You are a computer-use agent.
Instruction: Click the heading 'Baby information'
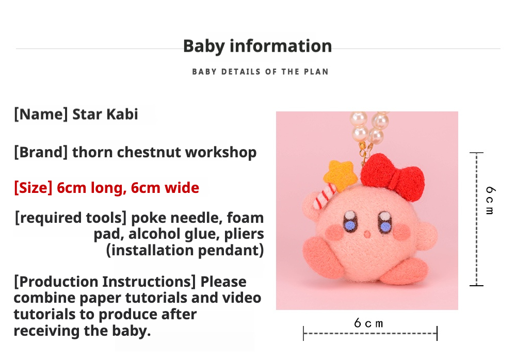[x=257, y=46]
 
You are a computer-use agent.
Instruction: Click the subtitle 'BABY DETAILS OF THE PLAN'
[x=260, y=72]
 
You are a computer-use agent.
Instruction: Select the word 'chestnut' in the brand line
[x=149, y=152]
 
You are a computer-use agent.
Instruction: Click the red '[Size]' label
[x=33, y=188]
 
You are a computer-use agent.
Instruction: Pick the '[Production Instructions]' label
[x=105, y=282]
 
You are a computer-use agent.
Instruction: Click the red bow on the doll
[x=392, y=177]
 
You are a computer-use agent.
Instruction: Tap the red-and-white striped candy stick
[x=324, y=197]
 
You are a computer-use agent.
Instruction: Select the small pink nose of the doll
[x=367, y=234]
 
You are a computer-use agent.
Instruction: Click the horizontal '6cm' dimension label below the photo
[x=368, y=323]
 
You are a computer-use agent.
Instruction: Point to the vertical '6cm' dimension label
[x=490, y=201]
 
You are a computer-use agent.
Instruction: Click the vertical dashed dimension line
[x=476, y=219]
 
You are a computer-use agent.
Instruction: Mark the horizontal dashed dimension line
[x=370, y=333]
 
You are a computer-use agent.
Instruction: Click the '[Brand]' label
[x=41, y=152]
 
